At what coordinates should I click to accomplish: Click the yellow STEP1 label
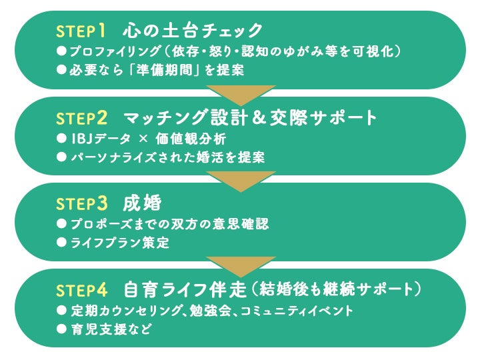[81, 31]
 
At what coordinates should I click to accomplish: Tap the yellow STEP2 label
[81, 118]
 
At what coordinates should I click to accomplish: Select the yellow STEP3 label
[81, 204]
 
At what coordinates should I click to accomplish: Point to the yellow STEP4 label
[81, 290]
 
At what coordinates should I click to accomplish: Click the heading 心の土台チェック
[193, 31]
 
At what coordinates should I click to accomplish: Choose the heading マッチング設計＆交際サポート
[250, 118]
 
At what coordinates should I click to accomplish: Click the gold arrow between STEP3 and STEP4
[240, 266]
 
